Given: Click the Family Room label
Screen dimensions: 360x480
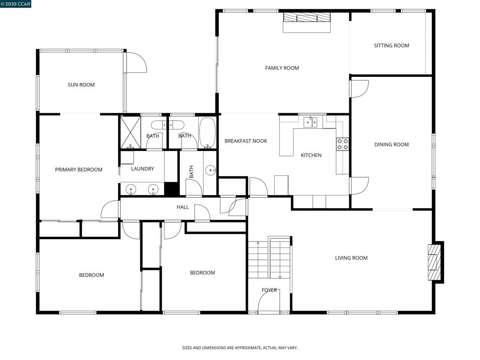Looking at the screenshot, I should [x=282, y=68].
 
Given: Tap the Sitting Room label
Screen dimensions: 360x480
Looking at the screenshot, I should [x=391, y=45].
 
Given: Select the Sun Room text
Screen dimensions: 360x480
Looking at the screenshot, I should [x=81, y=85].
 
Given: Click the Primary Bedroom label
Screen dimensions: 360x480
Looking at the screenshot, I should [x=79, y=170].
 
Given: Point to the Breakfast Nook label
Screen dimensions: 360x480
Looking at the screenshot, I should [x=246, y=141].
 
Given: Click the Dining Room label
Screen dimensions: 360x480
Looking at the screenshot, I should [x=391, y=144].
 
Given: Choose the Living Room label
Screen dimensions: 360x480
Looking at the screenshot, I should [x=351, y=258].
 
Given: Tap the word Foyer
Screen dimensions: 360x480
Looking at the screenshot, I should [x=269, y=290].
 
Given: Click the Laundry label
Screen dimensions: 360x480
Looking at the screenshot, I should [x=142, y=169].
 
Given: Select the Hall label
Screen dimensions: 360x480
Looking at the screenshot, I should [x=183, y=207].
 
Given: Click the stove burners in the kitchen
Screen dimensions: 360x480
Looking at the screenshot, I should [x=342, y=144].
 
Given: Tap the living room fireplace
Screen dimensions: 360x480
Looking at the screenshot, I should [x=435, y=262].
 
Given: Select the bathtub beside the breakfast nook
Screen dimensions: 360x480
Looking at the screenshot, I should [x=207, y=133].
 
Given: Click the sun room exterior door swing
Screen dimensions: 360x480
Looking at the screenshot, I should [x=135, y=63].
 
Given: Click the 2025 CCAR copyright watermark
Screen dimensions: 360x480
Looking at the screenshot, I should [x=16, y=4].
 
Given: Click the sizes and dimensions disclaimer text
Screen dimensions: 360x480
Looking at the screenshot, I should [x=240, y=348].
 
